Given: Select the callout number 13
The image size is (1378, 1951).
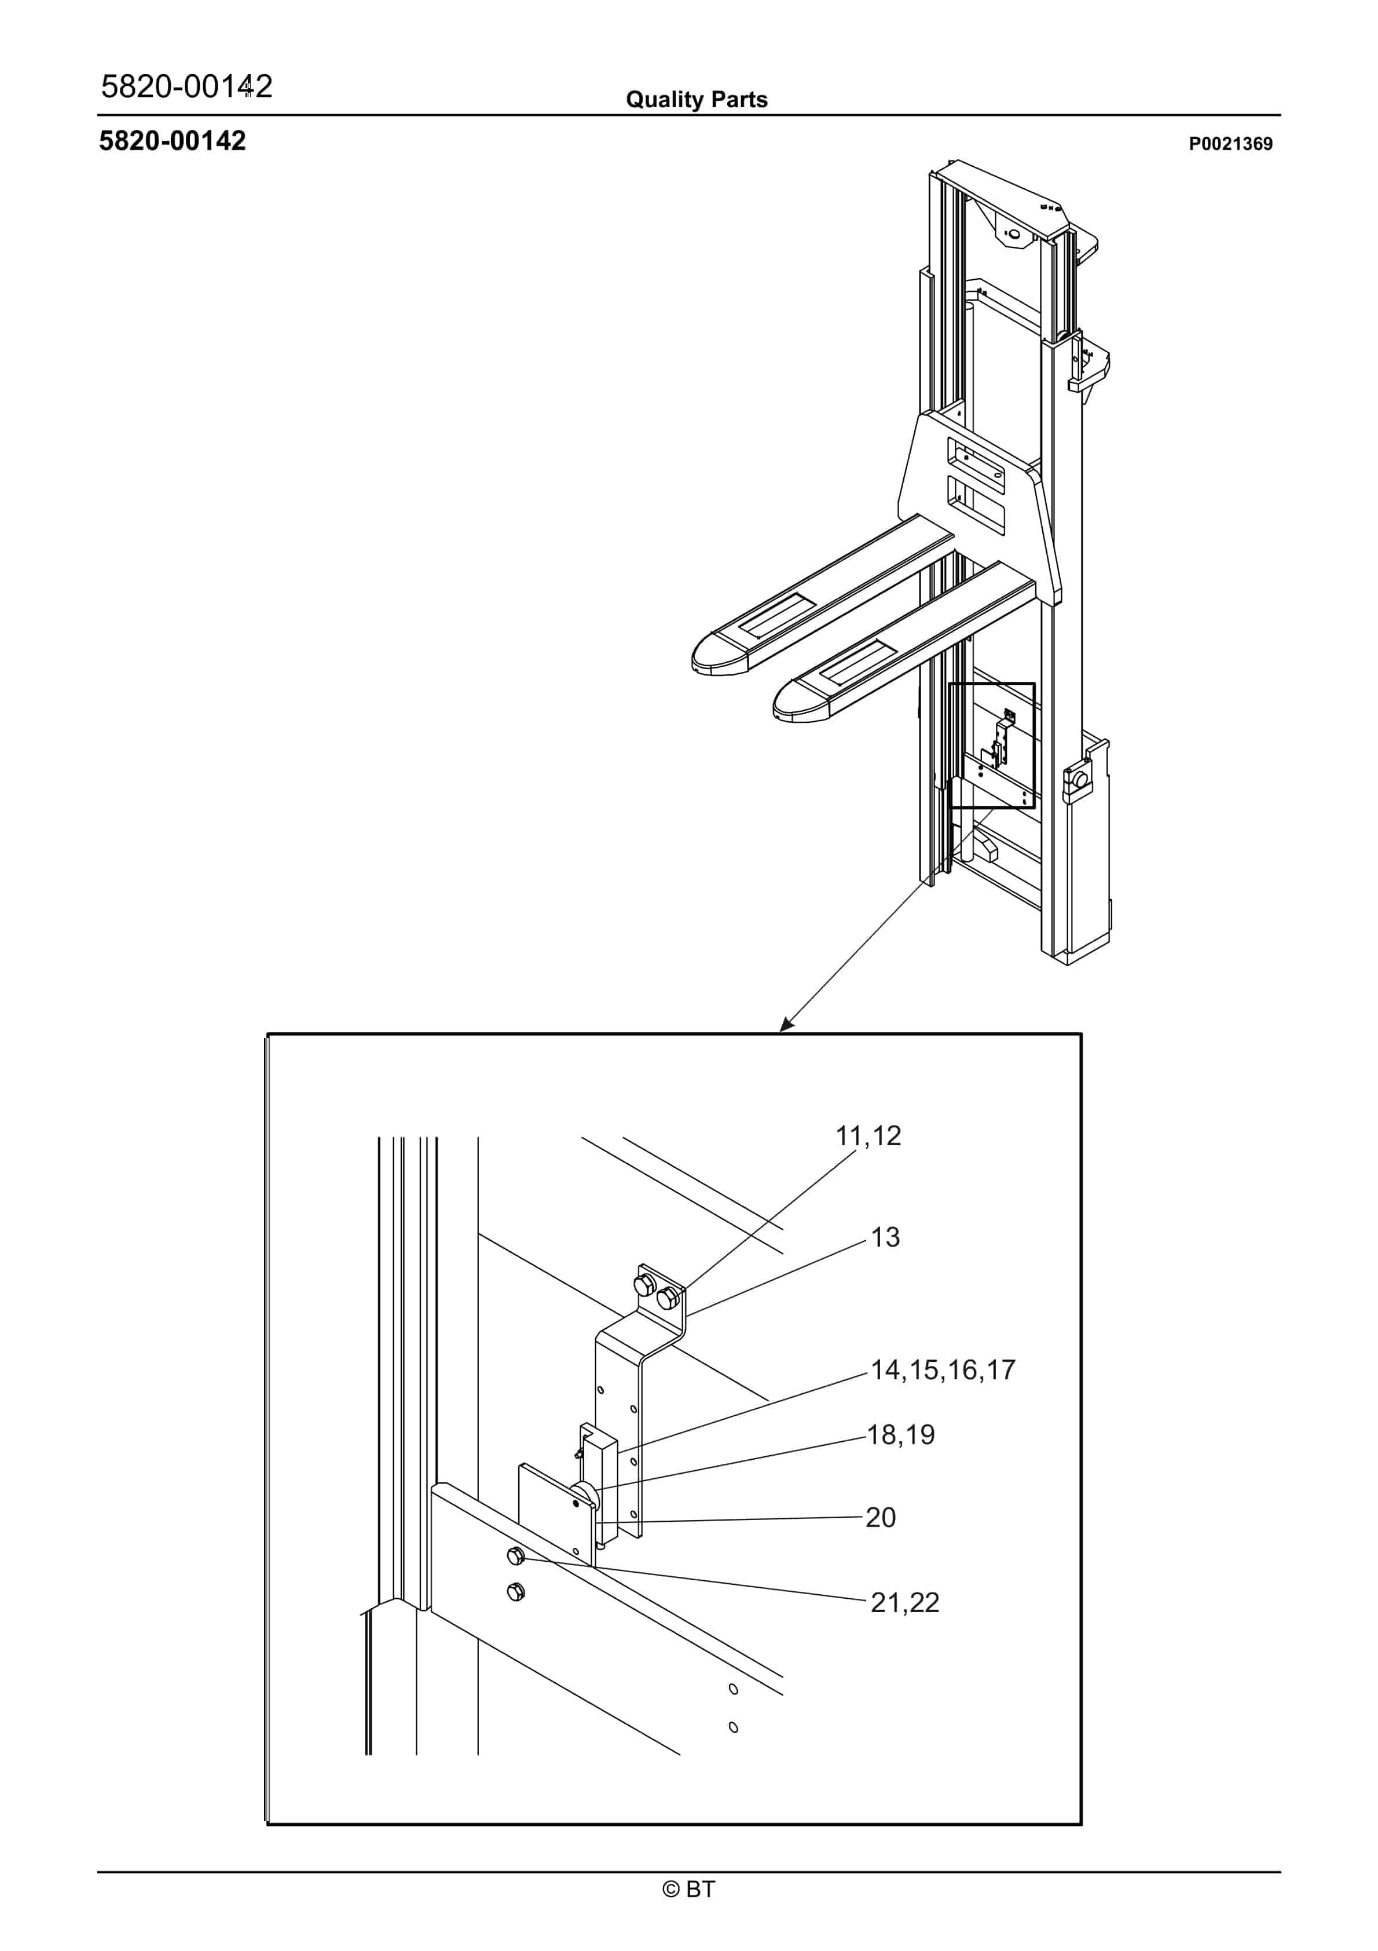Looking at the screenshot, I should point(885,1237).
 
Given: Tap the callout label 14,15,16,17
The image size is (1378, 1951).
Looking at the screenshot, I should point(943,1370).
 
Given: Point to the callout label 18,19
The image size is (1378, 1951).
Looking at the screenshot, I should point(900,1435).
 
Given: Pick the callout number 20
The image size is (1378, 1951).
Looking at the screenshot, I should point(880,1518).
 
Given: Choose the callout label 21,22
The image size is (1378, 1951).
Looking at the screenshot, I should point(905,1603).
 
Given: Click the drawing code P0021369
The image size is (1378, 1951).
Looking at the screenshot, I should point(1230,144).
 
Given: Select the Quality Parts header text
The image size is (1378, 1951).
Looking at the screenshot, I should point(697,100).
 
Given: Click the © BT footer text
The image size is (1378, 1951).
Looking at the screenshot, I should point(689,1889).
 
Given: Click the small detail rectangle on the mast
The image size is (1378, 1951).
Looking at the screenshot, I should point(991,744).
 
